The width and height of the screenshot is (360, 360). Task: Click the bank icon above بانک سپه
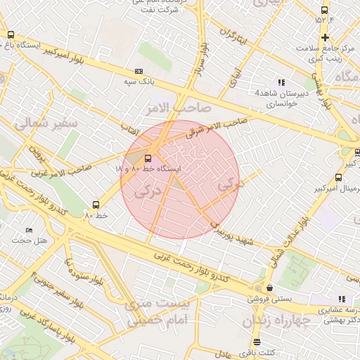coord(139,71)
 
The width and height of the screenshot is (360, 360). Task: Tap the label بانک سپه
coord(139,82)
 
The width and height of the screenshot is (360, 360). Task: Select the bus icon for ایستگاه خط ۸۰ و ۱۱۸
coord(148,158)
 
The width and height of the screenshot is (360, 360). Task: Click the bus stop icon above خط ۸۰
coord(96,205)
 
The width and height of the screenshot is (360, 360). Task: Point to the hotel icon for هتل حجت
coord(29,230)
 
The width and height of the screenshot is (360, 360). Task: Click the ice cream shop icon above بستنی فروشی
coord(269,287)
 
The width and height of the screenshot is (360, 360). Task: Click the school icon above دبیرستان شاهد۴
coord(281,82)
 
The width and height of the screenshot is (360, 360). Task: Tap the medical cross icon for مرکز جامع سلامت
coord(324,37)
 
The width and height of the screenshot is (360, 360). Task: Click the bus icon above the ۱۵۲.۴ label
coord(324,11)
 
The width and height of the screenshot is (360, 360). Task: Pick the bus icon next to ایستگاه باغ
coord(11,34)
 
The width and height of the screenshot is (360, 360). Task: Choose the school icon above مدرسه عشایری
coord(342,298)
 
